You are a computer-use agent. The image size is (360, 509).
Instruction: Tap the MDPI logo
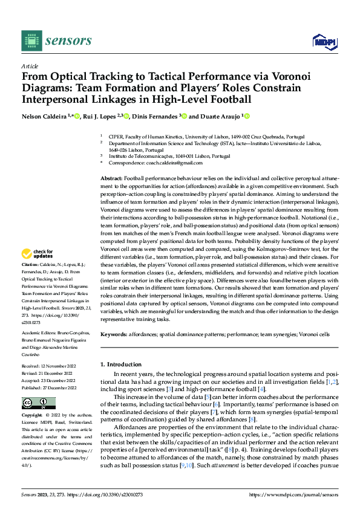pos(322,41)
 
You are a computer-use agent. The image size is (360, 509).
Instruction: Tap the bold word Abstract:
pos(110,180)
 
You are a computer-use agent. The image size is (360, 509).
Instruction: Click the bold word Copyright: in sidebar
pos(32,416)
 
